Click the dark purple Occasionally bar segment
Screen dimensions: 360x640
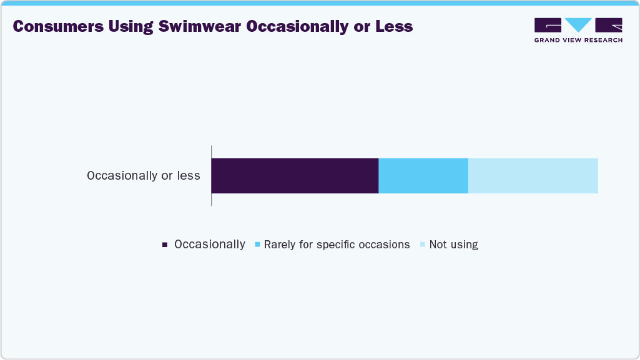tap(295, 175)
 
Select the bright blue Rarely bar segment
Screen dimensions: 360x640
tap(423, 175)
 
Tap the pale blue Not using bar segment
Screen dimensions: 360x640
tap(533, 175)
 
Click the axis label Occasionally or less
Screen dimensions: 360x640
tap(144, 175)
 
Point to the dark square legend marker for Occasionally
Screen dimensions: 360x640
tap(165, 245)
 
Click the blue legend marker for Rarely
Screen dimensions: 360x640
tap(257, 245)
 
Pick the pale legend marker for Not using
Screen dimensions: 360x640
tap(423, 245)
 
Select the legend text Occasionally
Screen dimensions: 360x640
tap(210, 245)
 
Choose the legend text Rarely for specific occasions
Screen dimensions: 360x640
tap(337, 245)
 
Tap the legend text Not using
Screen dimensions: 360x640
tap(453, 245)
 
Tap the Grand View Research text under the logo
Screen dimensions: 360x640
tap(578, 40)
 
